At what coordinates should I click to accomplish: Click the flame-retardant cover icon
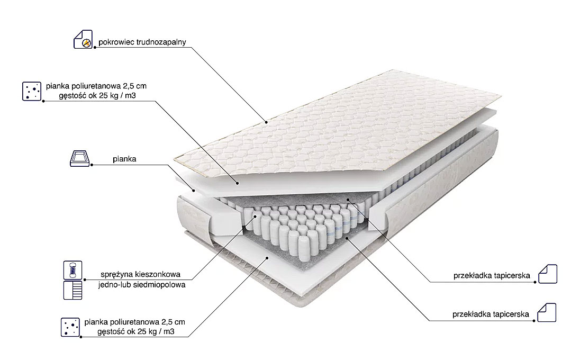83,39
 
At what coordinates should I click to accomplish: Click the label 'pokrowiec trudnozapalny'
142,42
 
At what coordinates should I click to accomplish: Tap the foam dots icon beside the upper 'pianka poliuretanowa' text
32,91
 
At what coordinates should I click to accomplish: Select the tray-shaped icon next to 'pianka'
80,158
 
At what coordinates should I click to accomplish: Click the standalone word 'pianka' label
124,159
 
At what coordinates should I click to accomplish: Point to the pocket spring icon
73,270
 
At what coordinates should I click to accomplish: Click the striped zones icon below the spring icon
73,290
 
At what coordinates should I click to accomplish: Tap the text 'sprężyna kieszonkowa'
141,275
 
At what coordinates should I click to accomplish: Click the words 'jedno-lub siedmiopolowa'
142,285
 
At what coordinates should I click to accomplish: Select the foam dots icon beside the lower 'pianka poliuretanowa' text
70,327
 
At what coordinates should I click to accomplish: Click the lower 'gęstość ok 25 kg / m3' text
136,331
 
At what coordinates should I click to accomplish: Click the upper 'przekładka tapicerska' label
492,276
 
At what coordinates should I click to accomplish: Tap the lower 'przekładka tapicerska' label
491,314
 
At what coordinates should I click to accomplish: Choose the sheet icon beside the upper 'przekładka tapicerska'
547,274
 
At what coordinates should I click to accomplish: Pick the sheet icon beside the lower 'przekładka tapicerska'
547,313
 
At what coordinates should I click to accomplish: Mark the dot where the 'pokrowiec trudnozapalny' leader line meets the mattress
266,122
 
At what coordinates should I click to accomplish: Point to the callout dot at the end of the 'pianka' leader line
194,191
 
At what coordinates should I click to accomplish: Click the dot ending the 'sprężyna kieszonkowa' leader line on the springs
255,215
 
